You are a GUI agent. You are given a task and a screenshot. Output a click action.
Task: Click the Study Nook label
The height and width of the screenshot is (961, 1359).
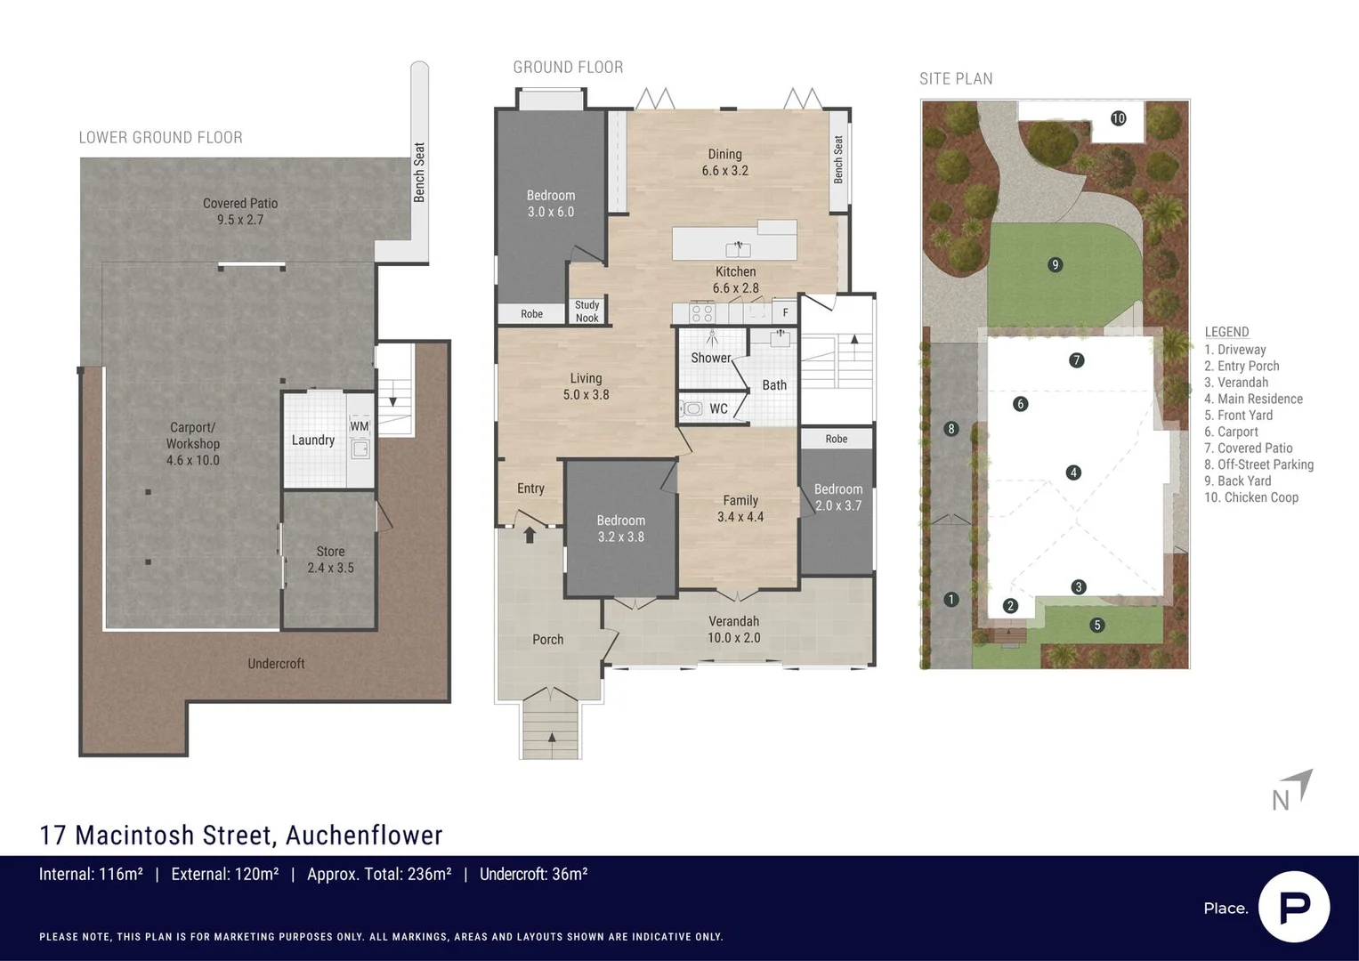click(586, 311)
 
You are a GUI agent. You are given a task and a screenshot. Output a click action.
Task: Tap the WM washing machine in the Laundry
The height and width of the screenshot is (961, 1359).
click(360, 440)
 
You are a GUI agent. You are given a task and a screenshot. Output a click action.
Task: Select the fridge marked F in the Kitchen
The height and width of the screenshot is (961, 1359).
click(785, 312)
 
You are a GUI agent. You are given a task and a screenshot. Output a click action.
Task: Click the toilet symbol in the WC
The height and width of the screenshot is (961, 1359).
click(692, 408)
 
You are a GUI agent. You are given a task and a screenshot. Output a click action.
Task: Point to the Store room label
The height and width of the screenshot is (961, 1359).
click(330, 560)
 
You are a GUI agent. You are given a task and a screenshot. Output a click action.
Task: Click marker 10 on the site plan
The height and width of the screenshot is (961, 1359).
click(1118, 118)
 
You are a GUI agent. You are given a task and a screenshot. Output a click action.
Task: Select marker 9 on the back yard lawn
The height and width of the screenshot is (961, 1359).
click(1055, 264)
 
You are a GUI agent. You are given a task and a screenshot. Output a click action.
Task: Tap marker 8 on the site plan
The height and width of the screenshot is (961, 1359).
click(950, 429)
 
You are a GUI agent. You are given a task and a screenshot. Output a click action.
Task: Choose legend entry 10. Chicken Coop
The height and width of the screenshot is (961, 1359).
click(1251, 497)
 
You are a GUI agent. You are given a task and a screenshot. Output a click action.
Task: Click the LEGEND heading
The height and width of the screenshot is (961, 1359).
click(1226, 332)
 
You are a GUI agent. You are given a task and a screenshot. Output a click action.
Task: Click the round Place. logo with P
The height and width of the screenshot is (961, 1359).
click(1293, 907)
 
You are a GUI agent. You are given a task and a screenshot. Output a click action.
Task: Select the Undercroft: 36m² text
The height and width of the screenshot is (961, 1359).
click(533, 875)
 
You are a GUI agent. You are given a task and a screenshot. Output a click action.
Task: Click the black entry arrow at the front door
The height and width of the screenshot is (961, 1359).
click(530, 535)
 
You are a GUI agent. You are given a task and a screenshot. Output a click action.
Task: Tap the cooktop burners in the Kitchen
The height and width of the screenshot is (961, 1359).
click(702, 313)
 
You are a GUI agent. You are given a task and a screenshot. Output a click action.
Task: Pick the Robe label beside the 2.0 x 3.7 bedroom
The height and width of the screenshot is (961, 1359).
click(836, 439)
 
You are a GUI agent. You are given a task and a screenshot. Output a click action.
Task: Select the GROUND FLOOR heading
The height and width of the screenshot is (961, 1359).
click(568, 68)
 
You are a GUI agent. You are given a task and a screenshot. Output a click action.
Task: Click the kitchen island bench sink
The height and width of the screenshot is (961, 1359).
click(738, 249)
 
